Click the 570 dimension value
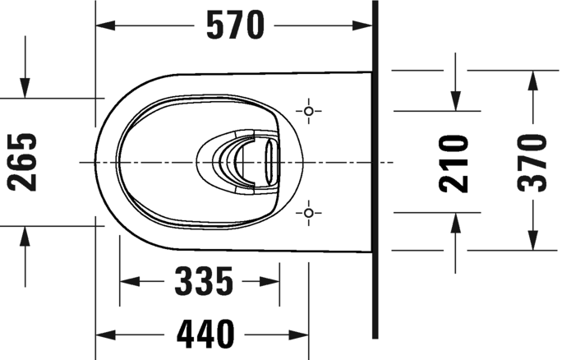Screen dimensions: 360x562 pos(235,26)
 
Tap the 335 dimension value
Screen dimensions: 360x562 pos(203,282)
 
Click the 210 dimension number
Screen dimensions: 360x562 pos(454,163)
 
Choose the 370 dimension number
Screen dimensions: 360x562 pos(533,162)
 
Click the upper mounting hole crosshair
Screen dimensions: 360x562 pos(309,110)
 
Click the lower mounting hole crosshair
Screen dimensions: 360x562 pos(309,214)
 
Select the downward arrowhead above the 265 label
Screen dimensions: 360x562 pos(25,88)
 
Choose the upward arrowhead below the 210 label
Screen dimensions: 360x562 pos(454,221)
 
